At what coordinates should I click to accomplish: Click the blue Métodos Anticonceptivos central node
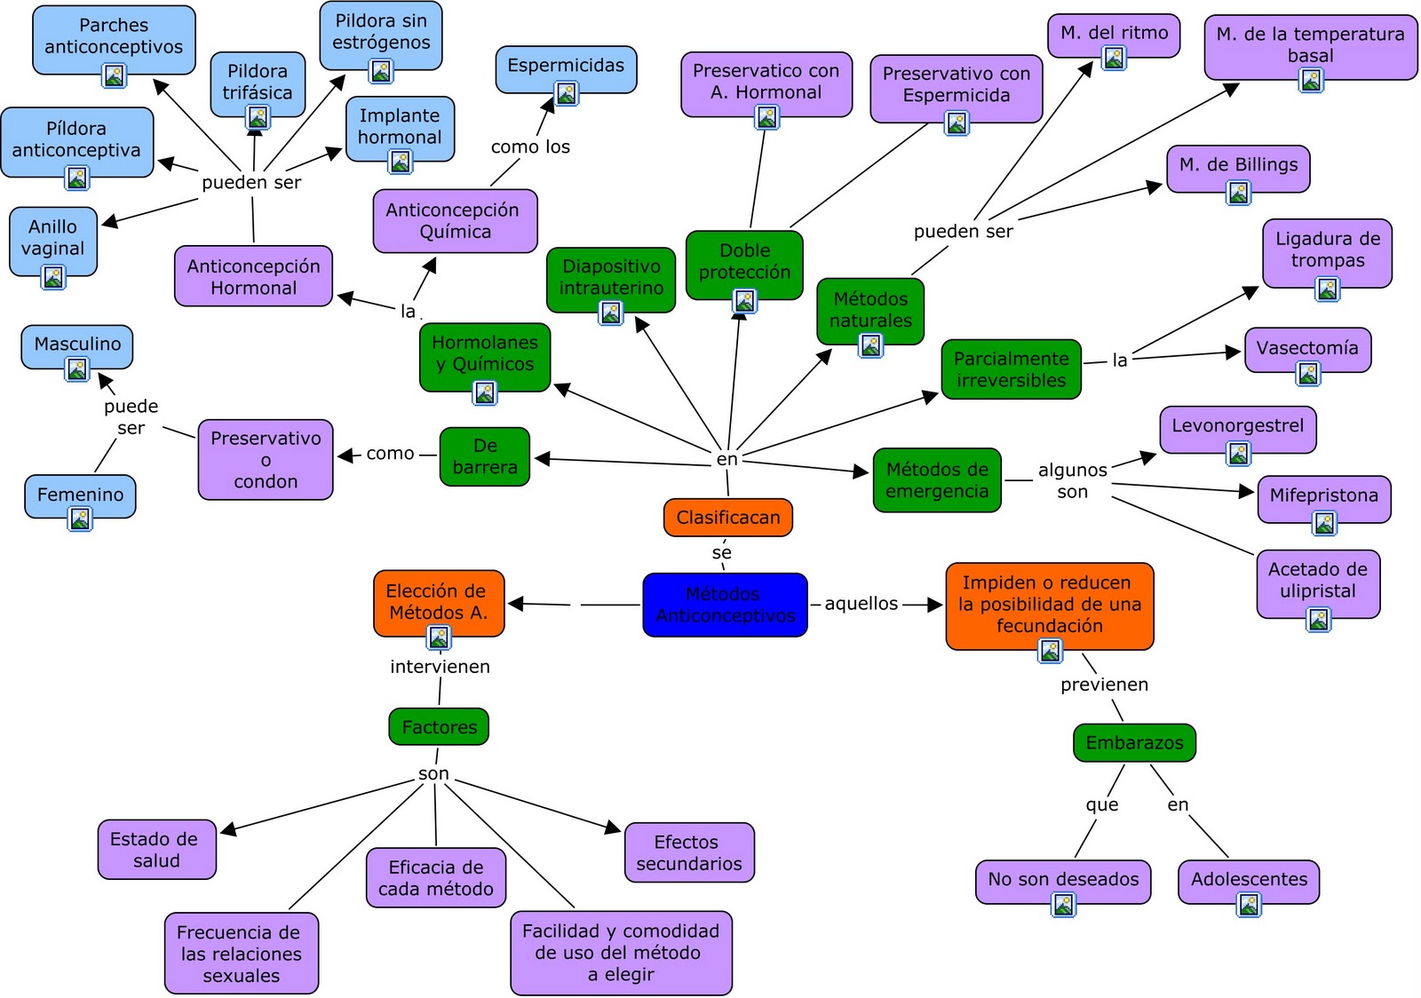click(x=725, y=605)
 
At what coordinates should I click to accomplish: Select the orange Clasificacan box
click(x=727, y=518)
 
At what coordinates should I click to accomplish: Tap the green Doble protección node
click(x=744, y=262)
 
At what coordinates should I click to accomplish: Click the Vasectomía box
click(x=1306, y=348)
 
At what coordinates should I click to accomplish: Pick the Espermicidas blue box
click(x=566, y=66)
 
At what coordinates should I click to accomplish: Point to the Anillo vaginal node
click(x=52, y=238)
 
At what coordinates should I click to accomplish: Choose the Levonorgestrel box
click(x=1237, y=426)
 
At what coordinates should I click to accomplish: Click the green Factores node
click(x=439, y=727)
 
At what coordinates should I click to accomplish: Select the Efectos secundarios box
click(x=689, y=852)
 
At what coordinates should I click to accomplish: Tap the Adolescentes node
click(x=1249, y=879)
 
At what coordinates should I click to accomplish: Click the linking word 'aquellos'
click(x=861, y=604)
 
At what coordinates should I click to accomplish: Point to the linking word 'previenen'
click(x=1104, y=685)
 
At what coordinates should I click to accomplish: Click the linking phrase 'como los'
click(x=530, y=147)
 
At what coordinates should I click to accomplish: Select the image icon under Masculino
click(x=77, y=369)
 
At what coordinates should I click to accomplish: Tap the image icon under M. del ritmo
click(x=1114, y=59)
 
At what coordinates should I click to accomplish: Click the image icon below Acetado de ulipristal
click(x=1318, y=619)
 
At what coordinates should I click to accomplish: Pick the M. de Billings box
click(x=1238, y=165)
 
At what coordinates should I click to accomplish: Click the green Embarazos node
click(x=1134, y=743)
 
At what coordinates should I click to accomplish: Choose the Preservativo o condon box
click(x=266, y=460)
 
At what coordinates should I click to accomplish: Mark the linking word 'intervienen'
click(x=440, y=667)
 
